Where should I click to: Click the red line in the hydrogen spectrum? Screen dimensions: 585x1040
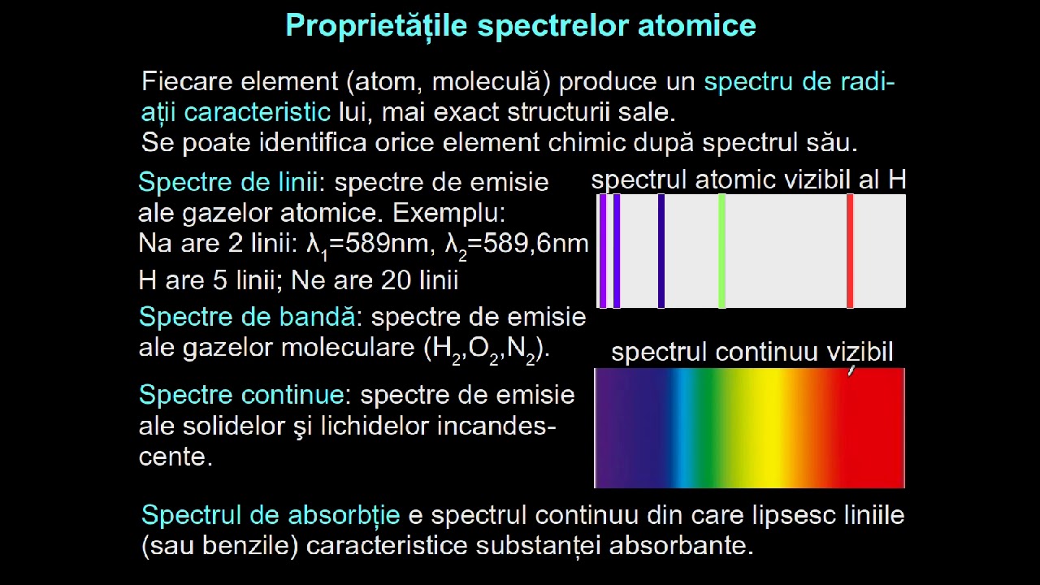[x=850, y=251]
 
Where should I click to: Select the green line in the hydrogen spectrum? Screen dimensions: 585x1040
[x=721, y=251]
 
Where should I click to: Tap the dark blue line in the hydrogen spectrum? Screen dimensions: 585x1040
[x=661, y=251]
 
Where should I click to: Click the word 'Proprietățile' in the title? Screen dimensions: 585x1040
[x=376, y=25]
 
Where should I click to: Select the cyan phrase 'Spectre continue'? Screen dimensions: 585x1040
[x=241, y=395]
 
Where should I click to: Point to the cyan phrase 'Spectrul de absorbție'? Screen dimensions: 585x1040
[x=271, y=515]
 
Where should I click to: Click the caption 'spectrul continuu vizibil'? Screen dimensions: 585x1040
[x=752, y=352]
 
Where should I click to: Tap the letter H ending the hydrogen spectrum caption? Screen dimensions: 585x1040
[x=897, y=180]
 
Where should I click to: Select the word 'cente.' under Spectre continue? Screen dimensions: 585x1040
[x=175, y=457]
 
